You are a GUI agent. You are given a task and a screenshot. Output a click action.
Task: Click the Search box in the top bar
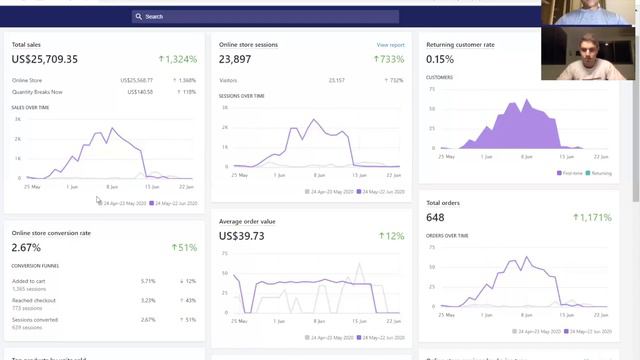pyautogui.click(x=265, y=17)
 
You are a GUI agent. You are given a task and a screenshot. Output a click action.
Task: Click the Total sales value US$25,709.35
pyautogui.click(x=45, y=59)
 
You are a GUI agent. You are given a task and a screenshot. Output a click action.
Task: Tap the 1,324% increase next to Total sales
pyautogui.click(x=178, y=59)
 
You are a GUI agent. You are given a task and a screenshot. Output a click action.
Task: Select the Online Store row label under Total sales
pyautogui.click(x=28, y=80)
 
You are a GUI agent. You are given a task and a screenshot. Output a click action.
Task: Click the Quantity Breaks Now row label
pyautogui.click(x=38, y=91)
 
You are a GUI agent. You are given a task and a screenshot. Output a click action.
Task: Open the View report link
pyautogui.click(x=390, y=45)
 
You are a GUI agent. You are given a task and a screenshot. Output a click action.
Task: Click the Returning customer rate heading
pyautogui.click(x=460, y=45)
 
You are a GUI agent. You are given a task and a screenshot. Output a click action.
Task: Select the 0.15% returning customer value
pyautogui.click(x=440, y=59)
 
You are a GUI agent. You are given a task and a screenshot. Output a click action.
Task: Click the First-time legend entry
pyautogui.click(x=570, y=173)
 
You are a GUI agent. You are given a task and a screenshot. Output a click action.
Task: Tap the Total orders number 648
pyautogui.click(x=436, y=217)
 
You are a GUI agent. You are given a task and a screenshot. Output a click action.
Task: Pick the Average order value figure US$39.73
pyautogui.click(x=242, y=236)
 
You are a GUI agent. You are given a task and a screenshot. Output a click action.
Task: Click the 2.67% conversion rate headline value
pyautogui.click(x=26, y=247)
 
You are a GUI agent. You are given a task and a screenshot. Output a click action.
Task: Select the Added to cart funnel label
pyautogui.click(x=28, y=281)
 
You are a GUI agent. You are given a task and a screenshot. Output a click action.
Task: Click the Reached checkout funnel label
pyautogui.click(x=33, y=300)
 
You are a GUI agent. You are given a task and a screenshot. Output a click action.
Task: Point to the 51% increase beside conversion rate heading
pyautogui.click(x=184, y=247)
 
